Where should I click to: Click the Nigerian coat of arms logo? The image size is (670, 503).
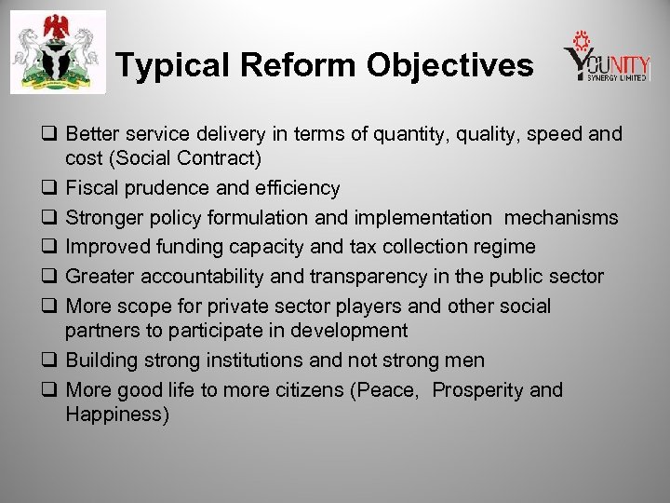[x=58, y=53]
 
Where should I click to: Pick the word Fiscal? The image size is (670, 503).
[x=91, y=188]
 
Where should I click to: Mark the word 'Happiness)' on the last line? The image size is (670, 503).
[x=117, y=415]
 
